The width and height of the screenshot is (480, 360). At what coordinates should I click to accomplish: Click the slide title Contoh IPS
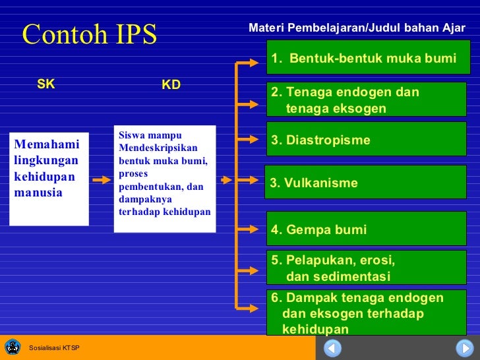coord(90,34)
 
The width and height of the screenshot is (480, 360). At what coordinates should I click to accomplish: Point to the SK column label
coord(45,84)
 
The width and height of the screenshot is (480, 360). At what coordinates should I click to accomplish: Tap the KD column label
coord(171,85)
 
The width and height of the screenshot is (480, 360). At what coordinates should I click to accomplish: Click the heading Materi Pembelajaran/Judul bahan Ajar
coord(357,28)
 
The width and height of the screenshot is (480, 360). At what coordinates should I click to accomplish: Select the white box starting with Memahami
coord(49,179)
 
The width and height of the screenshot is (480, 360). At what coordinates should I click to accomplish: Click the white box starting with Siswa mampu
coord(165,179)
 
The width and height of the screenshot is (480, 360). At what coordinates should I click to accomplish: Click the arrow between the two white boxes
coord(101,179)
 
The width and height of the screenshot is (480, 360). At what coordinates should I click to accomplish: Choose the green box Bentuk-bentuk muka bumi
coord(368,59)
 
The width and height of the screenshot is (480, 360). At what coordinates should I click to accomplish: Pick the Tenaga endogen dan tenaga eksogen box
coord(368,100)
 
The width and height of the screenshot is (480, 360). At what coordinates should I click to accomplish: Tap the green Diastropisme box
coord(368,140)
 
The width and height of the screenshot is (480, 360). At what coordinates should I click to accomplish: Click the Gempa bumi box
coord(368,229)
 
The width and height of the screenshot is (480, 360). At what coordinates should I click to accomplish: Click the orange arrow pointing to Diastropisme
coord(248,139)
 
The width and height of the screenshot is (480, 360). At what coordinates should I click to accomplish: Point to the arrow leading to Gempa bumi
coord(248,230)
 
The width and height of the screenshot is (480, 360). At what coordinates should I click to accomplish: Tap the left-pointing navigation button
coord(333,347)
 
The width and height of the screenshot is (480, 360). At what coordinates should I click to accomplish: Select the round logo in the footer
coord(13,347)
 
